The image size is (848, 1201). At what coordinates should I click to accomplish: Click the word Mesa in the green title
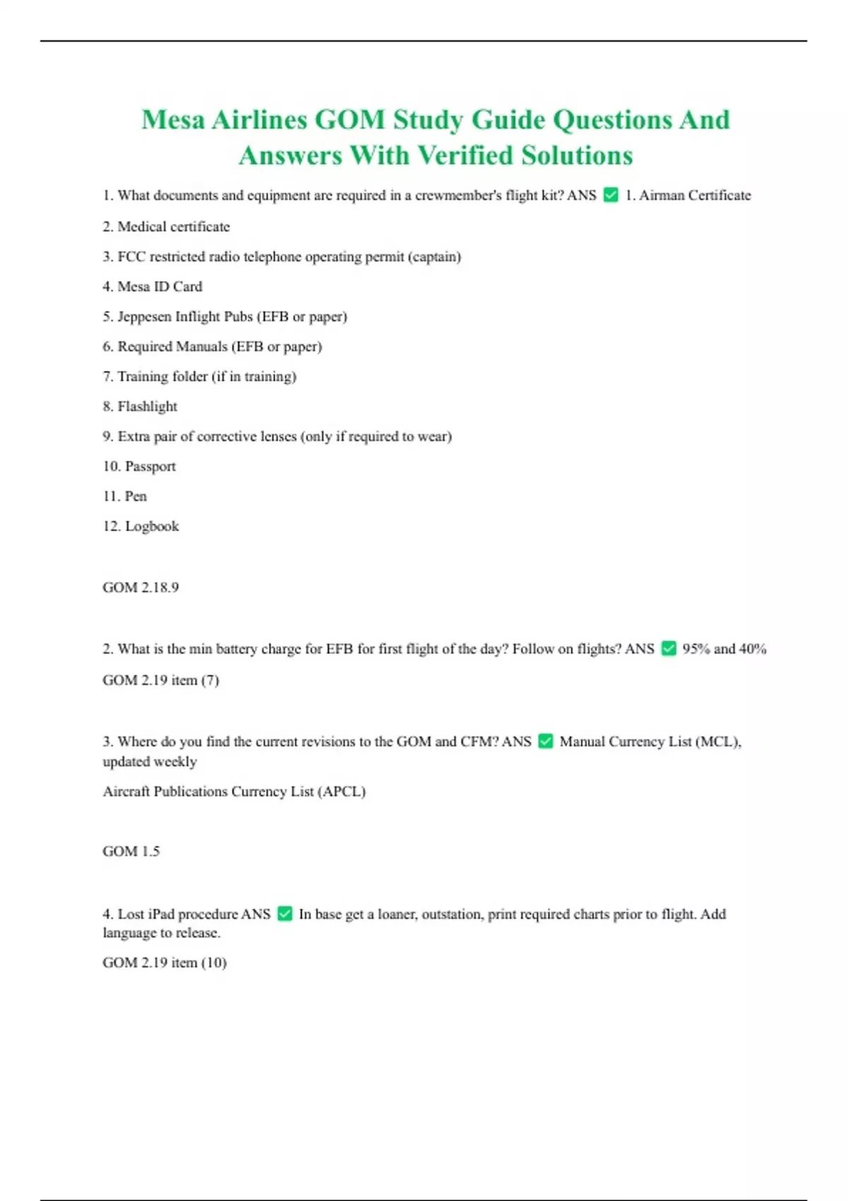pos(173,120)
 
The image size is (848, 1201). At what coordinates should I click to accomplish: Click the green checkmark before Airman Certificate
pos(611,195)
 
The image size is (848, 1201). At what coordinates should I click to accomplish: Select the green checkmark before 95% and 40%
pos(669,649)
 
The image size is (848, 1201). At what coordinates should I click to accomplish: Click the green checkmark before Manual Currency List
pos(546,741)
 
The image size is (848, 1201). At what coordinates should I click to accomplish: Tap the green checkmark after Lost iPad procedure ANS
pos(285,913)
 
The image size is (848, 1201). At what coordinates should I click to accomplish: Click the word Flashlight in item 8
pos(147,406)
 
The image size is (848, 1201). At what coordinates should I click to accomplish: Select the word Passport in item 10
pos(150,466)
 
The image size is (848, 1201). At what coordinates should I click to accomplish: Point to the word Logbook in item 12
pos(151,526)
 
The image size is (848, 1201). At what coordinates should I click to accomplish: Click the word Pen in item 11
pos(136,496)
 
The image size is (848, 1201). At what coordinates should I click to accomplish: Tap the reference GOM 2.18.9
pos(141,587)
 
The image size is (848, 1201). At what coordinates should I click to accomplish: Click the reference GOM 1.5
pos(131,851)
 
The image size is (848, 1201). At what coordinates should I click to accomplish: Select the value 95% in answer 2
pos(696,649)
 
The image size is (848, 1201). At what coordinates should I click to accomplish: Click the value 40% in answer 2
pos(753,649)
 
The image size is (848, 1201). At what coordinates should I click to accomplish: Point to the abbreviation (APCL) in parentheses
pos(342,791)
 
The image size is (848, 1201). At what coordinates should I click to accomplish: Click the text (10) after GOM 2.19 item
pos(214,962)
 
